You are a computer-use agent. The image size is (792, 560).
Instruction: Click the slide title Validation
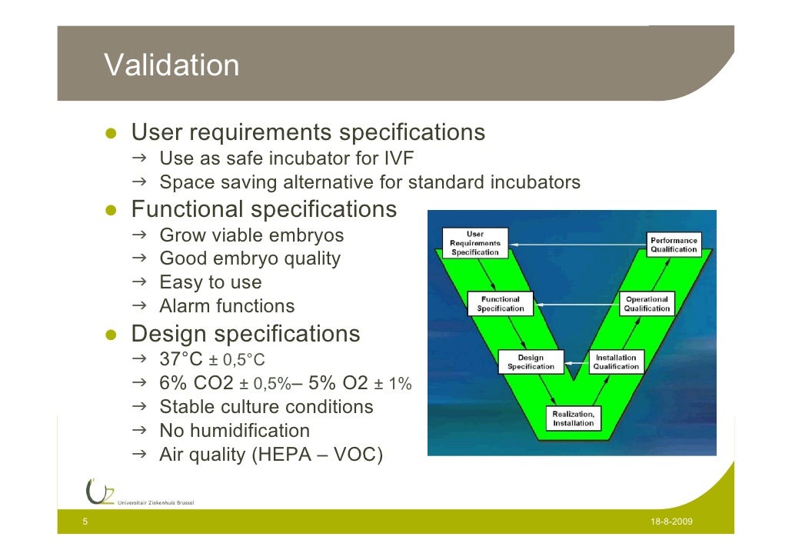tap(171, 65)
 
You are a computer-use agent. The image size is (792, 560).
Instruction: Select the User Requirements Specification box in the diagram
tap(474, 243)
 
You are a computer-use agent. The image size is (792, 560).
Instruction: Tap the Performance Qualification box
tap(674, 245)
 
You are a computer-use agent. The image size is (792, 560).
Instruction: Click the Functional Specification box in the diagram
tap(500, 304)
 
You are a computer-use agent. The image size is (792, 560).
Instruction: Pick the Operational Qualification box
tap(647, 304)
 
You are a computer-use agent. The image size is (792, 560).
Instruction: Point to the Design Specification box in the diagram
tap(531, 362)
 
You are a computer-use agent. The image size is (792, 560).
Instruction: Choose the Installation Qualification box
tap(615, 362)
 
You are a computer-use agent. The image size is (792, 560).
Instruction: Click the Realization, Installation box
tap(573, 418)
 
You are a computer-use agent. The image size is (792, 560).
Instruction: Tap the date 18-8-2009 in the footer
tap(671, 522)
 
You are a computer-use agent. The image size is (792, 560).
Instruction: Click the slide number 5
tap(85, 522)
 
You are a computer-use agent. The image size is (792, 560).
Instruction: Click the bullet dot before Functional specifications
tap(111, 211)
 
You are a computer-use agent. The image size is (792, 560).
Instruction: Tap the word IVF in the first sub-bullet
tap(398, 159)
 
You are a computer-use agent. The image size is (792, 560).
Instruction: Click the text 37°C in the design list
tap(181, 359)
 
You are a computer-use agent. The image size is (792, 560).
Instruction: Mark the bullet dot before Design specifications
tap(111, 335)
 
